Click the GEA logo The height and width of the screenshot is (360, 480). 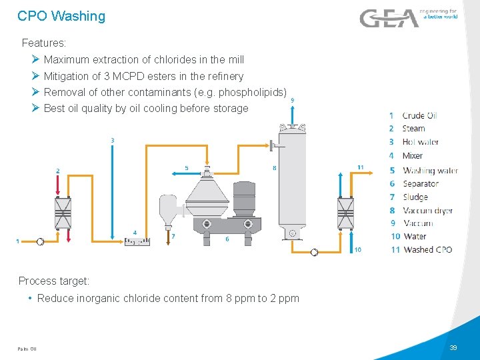point(389,18)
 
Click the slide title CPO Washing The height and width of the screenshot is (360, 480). point(61,16)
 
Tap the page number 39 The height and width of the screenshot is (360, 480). point(453,348)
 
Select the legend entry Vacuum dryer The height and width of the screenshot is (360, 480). point(427,211)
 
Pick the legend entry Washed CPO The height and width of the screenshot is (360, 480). point(427,250)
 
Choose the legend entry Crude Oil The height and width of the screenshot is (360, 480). point(419,116)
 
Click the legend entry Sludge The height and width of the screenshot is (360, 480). point(415,197)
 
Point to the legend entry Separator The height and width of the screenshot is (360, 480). point(421,183)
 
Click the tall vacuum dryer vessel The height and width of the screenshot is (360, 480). point(291,180)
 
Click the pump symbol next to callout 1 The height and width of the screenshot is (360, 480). point(40,241)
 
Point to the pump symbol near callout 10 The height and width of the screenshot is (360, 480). point(315,252)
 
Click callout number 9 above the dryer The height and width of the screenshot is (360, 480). point(291,101)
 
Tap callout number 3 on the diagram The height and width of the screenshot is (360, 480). point(111,141)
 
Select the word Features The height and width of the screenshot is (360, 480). point(44,43)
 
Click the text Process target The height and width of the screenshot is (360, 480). point(54,281)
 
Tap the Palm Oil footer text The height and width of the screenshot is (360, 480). point(27,349)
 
